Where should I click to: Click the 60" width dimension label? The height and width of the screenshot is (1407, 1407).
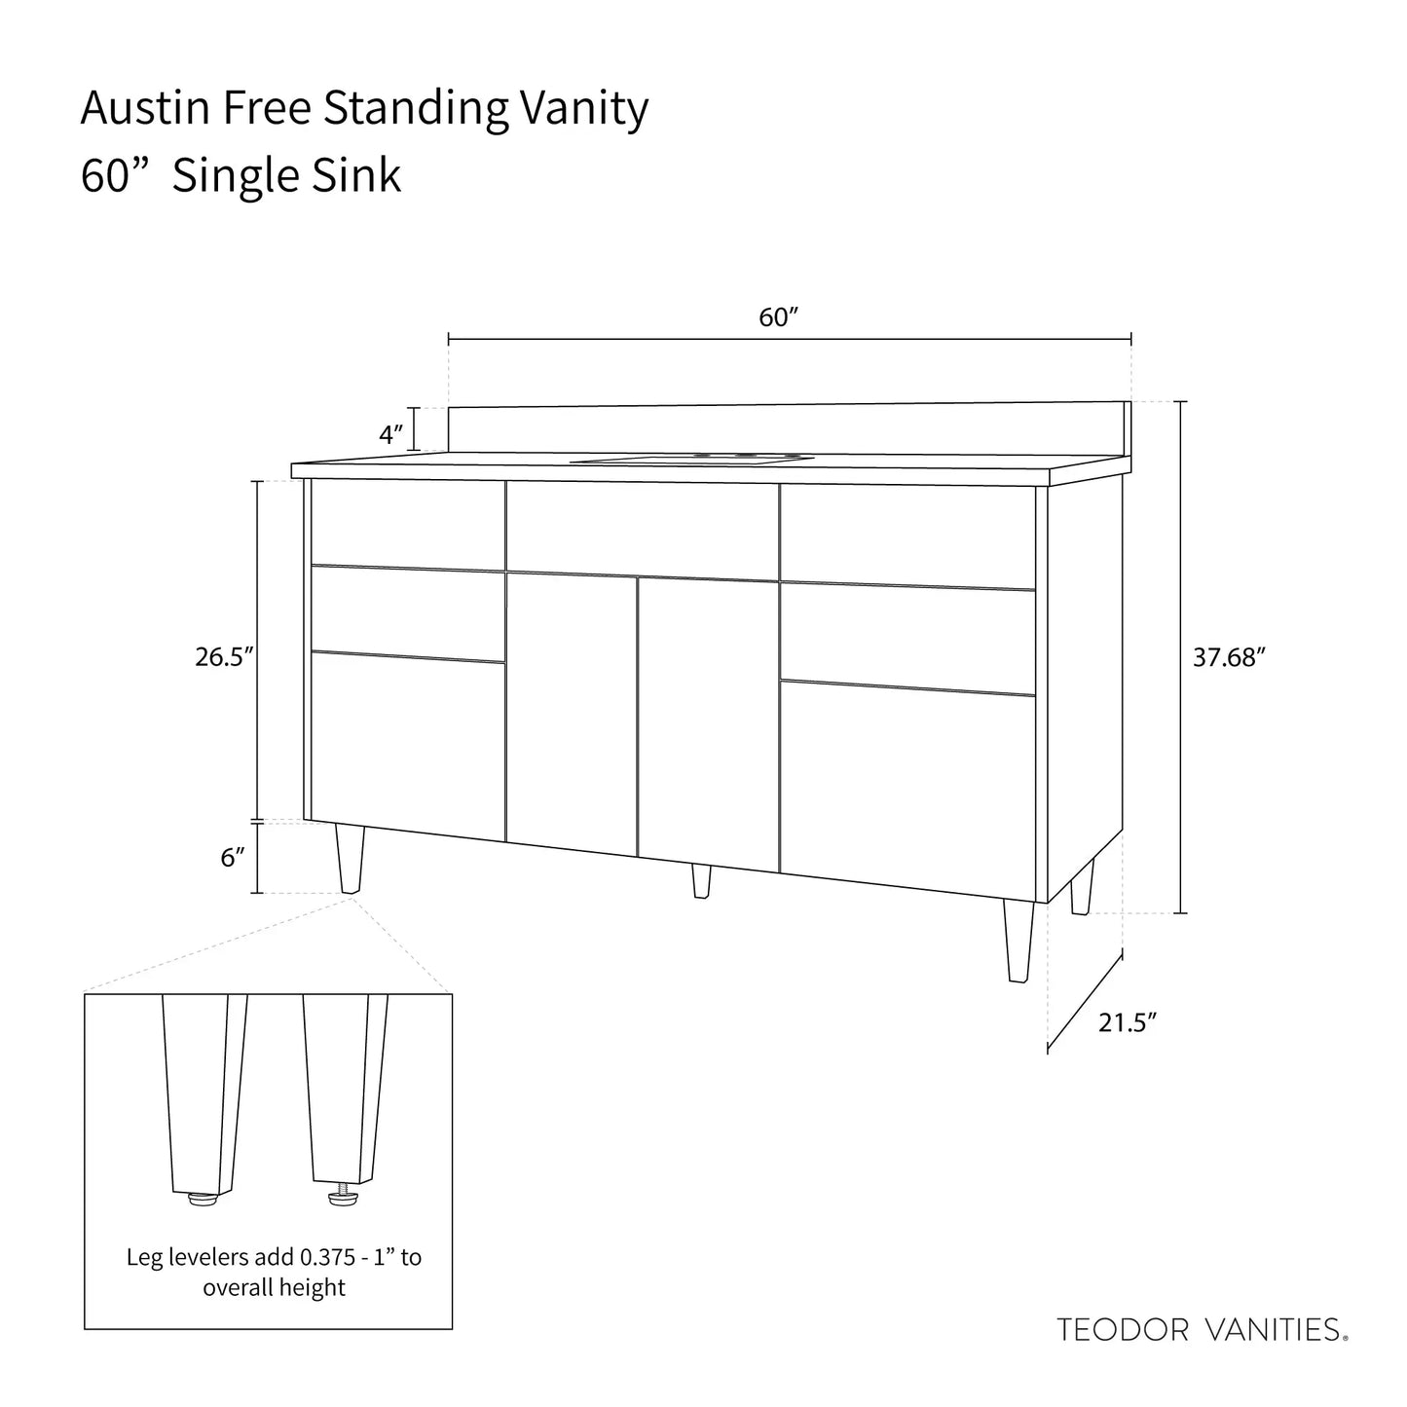(778, 318)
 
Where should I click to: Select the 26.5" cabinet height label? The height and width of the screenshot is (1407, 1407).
(224, 657)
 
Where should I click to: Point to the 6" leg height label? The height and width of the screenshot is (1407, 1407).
(232, 858)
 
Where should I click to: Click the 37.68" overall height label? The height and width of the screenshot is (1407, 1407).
(1229, 658)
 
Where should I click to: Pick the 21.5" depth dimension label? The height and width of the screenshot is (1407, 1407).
(1128, 1022)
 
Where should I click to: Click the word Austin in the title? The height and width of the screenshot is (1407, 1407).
(146, 109)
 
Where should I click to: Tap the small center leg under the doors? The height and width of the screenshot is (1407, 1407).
(701, 881)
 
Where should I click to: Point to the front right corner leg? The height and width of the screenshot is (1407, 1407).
(1018, 941)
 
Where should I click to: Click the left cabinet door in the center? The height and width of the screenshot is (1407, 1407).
(572, 711)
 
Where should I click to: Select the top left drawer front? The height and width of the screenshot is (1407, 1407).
(407, 525)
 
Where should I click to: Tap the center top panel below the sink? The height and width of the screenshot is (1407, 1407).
(642, 532)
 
